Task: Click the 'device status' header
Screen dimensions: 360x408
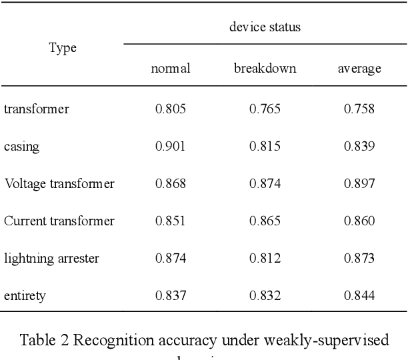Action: [x=265, y=27]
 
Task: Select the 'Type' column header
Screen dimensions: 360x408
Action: [x=63, y=48]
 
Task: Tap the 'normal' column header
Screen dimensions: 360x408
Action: [x=171, y=69]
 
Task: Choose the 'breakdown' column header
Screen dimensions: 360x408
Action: [x=265, y=69]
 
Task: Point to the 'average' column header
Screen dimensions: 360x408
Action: [x=359, y=69]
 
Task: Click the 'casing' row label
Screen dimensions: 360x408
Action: [x=21, y=147]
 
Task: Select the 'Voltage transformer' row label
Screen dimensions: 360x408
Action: [x=59, y=183]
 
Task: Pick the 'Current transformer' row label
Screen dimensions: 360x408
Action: [x=59, y=221]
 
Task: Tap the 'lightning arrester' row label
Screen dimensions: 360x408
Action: [x=51, y=258]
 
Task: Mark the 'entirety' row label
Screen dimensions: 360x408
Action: [x=25, y=295]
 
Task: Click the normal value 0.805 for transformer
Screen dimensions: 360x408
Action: [x=171, y=109]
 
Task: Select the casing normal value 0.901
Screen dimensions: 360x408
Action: [x=171, y=146]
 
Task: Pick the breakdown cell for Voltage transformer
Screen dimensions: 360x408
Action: [x=265, y=183]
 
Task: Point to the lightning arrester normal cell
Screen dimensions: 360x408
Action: [x=171, y=258]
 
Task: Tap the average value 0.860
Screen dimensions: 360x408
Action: [x=359, y=221]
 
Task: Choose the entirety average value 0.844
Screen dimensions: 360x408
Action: [x=359, y=295]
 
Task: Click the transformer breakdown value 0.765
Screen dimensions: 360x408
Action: [x=265, y=109]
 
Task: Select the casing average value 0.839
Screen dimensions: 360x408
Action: [x=359, y=146]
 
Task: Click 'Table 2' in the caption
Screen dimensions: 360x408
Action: [x=45, y=341]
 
